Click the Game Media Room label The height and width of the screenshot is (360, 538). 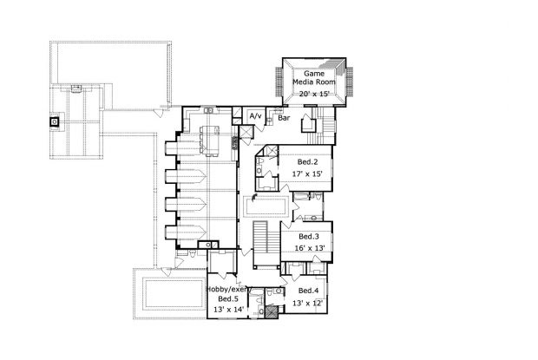pos(313,78)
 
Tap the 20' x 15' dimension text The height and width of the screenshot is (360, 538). pos(314,94)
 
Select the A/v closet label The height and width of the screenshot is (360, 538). pos(255,116)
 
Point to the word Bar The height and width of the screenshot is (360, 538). pos(284,118)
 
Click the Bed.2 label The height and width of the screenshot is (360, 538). pos(307,162)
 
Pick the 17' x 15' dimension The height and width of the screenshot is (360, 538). pos(307,173)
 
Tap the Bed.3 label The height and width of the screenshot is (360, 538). pos(309,236)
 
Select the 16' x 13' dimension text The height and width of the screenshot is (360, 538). pos(310,248)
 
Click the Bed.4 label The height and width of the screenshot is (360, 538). pos(308,291)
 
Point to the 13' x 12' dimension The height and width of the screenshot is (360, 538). pos(308,303)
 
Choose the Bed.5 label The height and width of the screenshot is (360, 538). pos(228,298)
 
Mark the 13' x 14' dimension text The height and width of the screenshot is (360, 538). pos(229,310)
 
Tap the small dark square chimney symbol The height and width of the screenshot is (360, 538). pos(54,121)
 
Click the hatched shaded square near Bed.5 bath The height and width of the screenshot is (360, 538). pos(271,312)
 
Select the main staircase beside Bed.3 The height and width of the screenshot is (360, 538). pos(266,244)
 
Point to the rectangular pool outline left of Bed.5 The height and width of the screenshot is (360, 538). pos(169,295)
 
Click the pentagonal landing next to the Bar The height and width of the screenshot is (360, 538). pos(308,125)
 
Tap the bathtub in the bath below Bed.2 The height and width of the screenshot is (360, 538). pos(302,196)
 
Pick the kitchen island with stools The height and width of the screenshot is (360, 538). pos(210,141)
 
